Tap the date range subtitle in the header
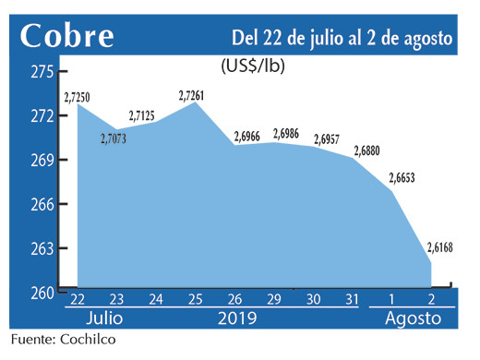342,38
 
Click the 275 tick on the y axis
42,71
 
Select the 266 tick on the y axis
42,204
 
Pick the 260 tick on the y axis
42,293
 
